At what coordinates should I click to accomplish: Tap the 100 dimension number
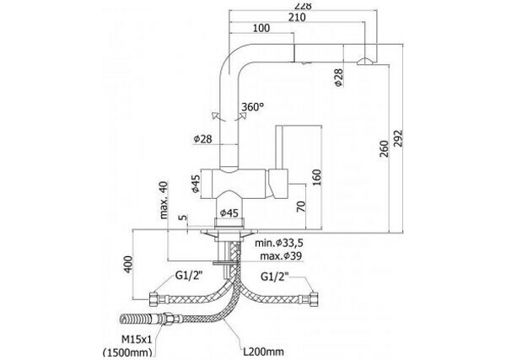(261, 30)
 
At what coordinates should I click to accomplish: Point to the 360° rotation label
(252, 107)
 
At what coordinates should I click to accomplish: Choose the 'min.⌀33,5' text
(282, 243)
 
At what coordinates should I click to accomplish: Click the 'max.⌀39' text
(281, 255)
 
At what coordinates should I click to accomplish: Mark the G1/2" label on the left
(191, 277)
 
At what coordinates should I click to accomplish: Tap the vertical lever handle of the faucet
(284, 152)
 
